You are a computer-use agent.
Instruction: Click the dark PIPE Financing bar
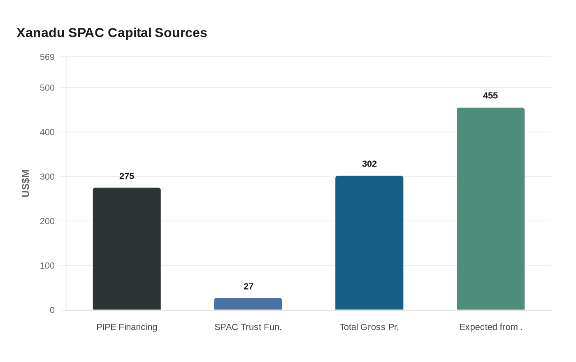[127, 249]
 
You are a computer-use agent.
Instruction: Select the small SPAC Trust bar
[248, 304]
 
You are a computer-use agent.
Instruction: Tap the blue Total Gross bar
[369, 243]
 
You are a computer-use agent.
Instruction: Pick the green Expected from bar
[490, 209]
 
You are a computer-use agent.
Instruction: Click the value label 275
[127, 176]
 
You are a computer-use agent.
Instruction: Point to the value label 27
[248, 286]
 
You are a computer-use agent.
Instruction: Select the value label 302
[369, 164]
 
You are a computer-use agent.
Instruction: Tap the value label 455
[490, 95]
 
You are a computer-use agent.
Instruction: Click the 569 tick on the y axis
[47, 57]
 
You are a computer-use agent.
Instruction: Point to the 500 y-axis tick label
[47, 88]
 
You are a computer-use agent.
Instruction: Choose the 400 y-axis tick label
[47, 132]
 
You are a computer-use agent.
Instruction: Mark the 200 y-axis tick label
[47, 221]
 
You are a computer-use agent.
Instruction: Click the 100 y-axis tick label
[47, 265]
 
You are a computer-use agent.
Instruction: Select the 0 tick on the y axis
[52, 310]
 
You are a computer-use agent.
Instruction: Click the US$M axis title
[26, 183]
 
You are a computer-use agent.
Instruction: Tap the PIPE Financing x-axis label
[127, 327]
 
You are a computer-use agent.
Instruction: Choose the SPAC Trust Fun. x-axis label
[248, 327]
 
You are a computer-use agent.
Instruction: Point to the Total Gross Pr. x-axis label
[369, 327]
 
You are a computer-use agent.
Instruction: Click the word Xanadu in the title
[40, 33]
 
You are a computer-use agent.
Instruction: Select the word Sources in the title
[181, 33]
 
